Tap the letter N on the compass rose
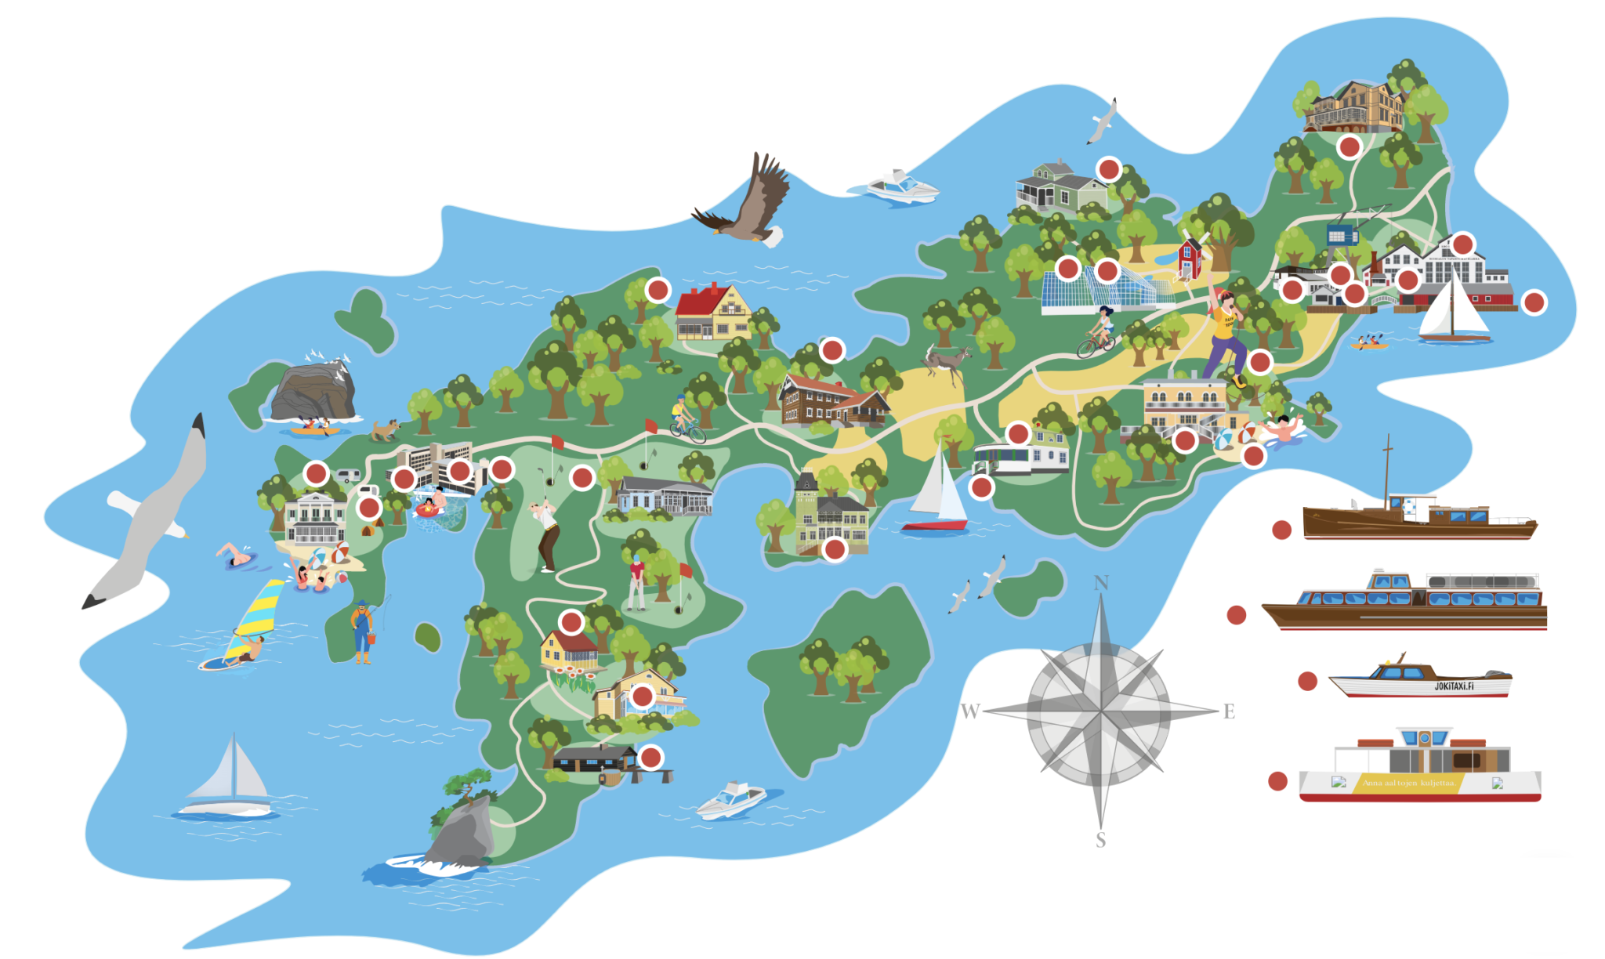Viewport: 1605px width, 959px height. pyautogui.click(x=1101, y=582)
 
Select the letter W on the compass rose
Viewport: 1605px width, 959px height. pyautogui.click(x=970, y=711)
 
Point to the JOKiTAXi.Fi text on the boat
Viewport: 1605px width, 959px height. pyautogui.click(x=1454, y=686)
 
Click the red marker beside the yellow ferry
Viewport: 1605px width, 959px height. pyautogui.click(x=1277, y=781)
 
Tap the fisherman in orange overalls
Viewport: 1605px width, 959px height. pyautogui.click(x=361, y=631)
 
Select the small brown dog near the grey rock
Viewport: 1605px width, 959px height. pyautogui.click(x=385, y=429)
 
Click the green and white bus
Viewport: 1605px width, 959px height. pyautogui.click(x=1002, y=460)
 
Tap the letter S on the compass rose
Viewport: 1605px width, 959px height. pyautogui.click(x=1100, y=840)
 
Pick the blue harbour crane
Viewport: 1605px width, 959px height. pyautogui.click(x=1342, y=233)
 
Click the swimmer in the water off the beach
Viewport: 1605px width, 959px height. pyautogui.click(x=236, y=556)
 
